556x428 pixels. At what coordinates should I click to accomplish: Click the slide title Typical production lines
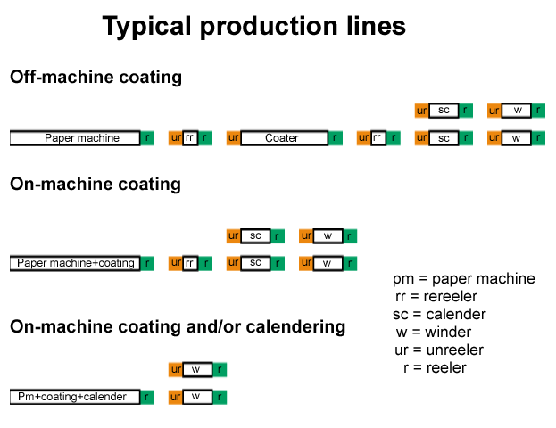coord(254,27)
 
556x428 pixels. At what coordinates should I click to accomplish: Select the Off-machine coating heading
coord(95,78)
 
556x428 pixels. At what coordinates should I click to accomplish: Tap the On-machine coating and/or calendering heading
coord(178,327)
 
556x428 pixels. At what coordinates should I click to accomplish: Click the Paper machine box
coord(76,138)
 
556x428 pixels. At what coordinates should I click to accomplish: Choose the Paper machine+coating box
coord(76,263)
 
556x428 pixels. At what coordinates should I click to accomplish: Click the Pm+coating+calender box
coord(76,397)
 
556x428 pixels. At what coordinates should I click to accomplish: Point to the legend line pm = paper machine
coord(463,279)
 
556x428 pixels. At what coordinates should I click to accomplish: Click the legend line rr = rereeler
coord(436,297)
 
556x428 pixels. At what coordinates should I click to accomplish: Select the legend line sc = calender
coord(439,315)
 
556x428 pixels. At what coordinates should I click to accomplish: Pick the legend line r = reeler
coord(435,368)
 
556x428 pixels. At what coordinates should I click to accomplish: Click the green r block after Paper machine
coord(148,138)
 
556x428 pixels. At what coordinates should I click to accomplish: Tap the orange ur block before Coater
coord(234,138)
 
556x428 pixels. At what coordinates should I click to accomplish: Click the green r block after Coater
coord(336,138)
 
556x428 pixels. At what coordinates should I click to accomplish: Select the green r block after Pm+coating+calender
coord(148,397)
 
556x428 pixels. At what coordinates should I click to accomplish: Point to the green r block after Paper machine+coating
coord(148,263)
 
